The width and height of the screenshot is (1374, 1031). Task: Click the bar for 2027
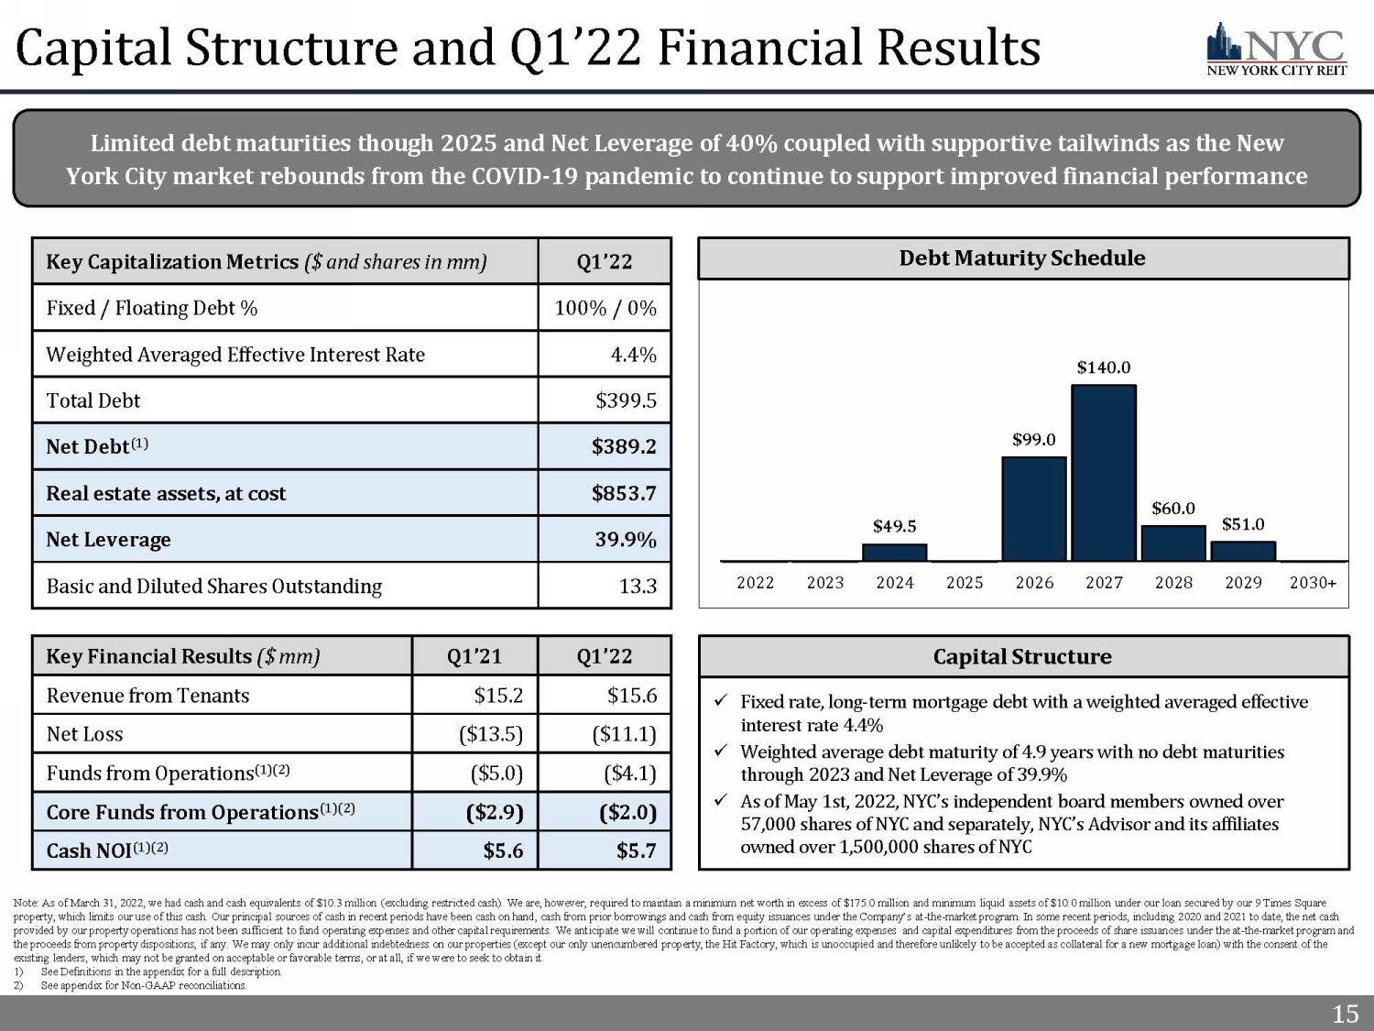[1103, 473]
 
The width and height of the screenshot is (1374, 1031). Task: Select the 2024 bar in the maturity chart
[894, 553]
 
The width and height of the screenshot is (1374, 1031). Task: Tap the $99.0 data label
[1033, 440]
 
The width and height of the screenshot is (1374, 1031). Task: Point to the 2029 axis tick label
[1243, 583]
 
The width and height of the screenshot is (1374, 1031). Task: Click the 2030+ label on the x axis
[1313, 583]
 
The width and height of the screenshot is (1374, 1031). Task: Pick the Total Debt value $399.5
[626, 400]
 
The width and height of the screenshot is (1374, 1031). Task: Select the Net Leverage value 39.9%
[626, 540]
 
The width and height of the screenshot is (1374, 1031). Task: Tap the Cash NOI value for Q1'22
[636, 850]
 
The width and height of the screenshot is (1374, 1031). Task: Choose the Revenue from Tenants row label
[147, 696]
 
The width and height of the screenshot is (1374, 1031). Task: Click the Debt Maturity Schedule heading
[1022, 258]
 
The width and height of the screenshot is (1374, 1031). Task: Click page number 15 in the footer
[1345, 1014]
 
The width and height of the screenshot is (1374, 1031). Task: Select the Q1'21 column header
[474, 656]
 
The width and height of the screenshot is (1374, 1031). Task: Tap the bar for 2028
[1173, 543]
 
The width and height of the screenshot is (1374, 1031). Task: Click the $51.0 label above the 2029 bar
[1243, 524]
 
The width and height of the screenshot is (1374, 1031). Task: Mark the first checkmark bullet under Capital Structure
[721, 702]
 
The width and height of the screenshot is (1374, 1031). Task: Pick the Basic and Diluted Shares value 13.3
[638, 587]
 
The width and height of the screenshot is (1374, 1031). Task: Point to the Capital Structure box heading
[1022, 657]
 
